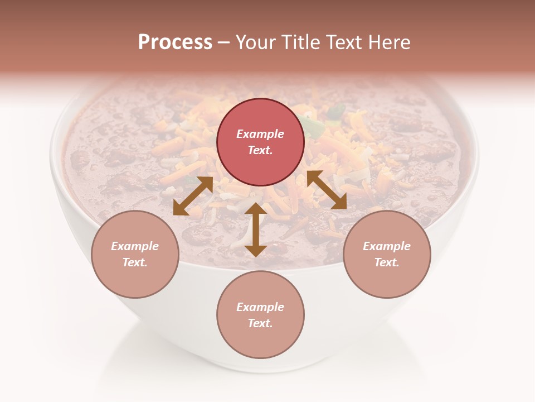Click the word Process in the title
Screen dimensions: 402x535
(175, 42)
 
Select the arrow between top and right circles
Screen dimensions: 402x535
(327, 190)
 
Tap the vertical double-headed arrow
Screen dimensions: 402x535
(255, 229)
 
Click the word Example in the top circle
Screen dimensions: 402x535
(260, 134)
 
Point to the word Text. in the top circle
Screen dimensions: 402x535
(260, 150)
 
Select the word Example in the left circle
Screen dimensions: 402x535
(135, 246)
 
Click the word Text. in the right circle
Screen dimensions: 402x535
(387, 262)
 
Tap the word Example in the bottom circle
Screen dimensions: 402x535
(260, 307)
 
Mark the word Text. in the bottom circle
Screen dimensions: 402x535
(260, 323)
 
